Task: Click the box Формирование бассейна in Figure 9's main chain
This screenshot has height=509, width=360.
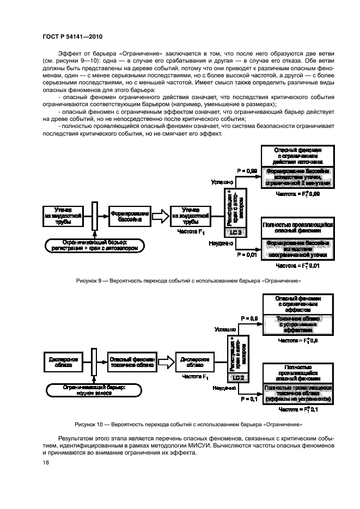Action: (130, 215)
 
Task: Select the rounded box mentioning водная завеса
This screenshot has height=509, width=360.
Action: (99, 389)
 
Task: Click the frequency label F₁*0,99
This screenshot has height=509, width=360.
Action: (296, 193)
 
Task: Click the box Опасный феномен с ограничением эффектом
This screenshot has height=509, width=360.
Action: (297, 302)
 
